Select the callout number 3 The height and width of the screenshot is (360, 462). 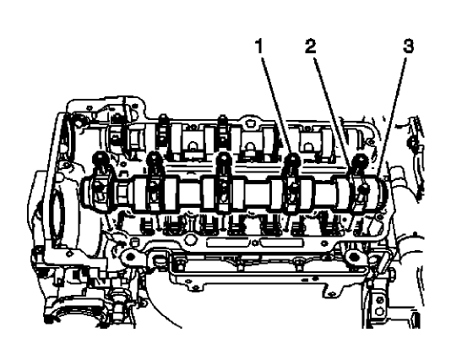click(407, 49)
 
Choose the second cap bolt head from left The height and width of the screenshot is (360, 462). click(155, 158)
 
